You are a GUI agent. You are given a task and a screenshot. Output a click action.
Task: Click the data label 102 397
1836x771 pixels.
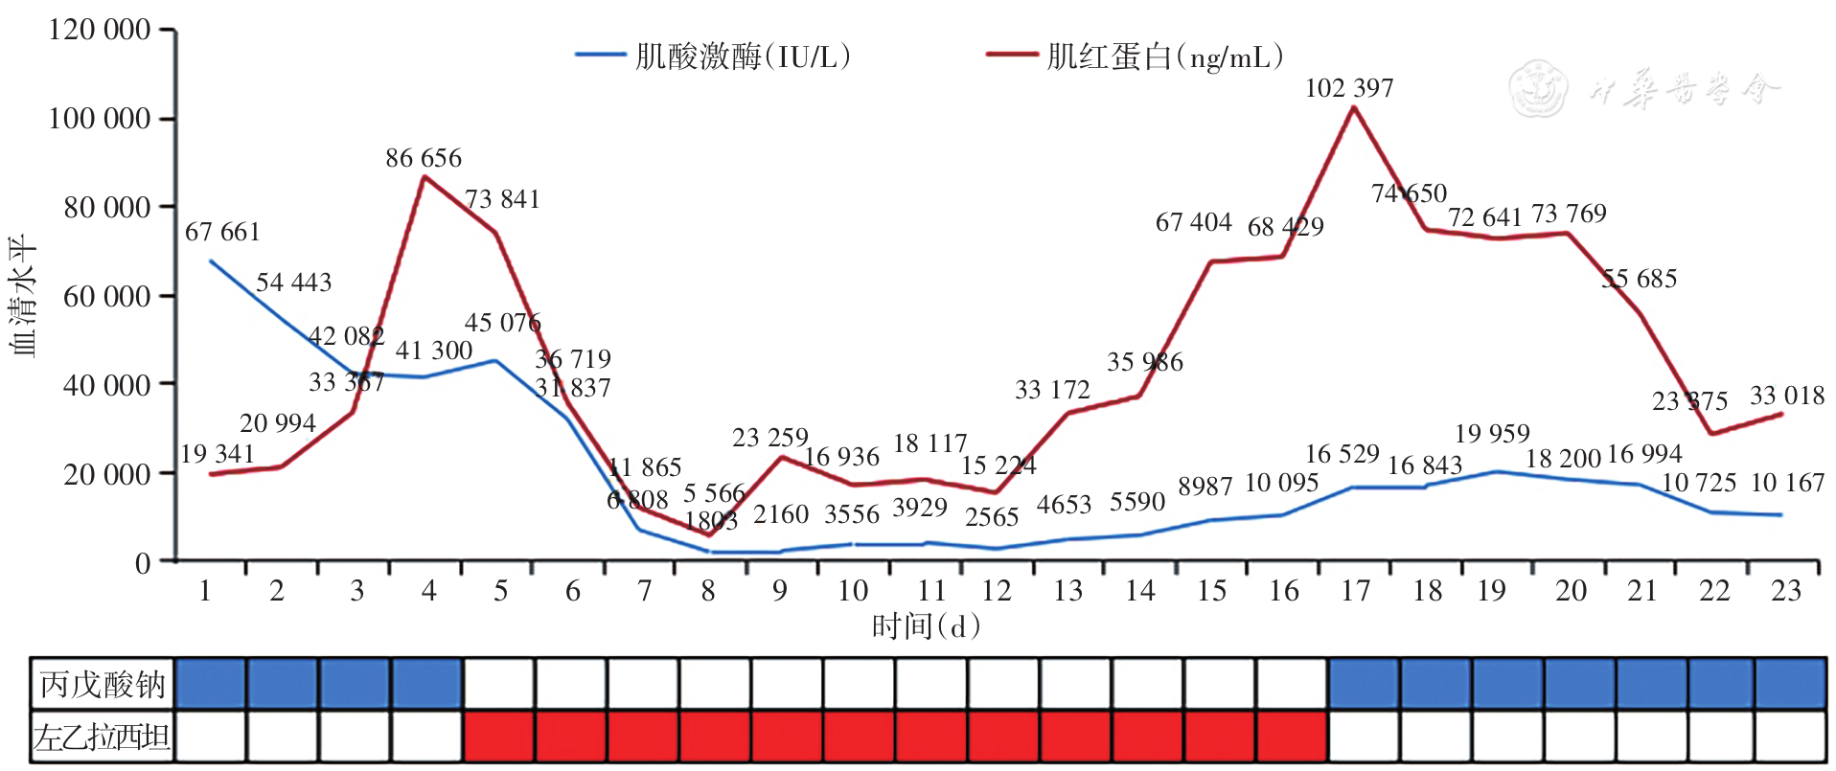tap(1348, 88)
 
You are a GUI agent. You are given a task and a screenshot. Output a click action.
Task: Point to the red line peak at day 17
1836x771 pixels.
tap(1353, 107)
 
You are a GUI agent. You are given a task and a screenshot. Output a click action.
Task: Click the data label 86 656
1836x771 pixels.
tap(424, 158)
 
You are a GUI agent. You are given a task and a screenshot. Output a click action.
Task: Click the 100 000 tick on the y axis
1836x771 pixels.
tap(100, 119)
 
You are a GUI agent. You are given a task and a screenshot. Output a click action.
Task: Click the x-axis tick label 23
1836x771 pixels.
tap(1785, 591)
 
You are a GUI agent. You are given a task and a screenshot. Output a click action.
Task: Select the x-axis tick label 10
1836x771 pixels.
tap(852, 591)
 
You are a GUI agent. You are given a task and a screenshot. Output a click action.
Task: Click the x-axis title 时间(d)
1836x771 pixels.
tap(926, 626)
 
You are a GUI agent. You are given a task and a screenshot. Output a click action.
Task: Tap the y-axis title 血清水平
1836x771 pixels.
tap(23, 296)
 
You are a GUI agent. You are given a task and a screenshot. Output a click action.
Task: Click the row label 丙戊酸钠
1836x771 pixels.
tap(103, 685)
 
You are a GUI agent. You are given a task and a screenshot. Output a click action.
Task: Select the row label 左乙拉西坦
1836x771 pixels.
tap(103, 737)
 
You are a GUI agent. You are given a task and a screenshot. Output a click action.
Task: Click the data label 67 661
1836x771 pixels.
tap(222, 232)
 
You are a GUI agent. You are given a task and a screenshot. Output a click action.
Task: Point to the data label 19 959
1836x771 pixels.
tap(1492, 434)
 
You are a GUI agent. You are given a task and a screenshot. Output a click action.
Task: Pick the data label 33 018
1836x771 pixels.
tap(1787, 396)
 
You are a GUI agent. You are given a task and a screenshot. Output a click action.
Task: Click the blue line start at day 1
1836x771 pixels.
tap(211, 261)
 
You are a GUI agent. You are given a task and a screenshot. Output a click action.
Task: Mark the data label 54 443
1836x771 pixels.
tap(293, 283)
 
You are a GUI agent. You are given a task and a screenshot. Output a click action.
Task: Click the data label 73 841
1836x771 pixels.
tap(502, 199)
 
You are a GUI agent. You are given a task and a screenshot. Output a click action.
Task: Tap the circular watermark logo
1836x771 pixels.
tap(1538, 88)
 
